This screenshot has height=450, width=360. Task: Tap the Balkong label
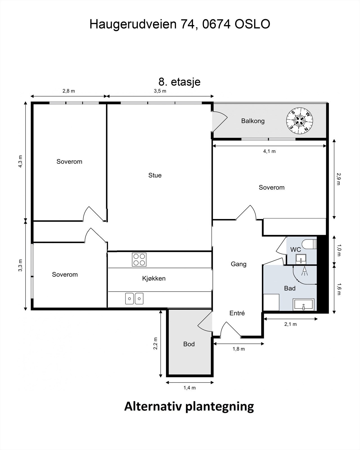[253, 121]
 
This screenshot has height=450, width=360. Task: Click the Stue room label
[155, 175]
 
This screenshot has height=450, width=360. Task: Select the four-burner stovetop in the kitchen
[139, 260]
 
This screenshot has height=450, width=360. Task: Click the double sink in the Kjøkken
[134, 298]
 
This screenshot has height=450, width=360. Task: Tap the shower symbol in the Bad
[304, 271]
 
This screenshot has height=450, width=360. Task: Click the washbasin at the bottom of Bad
[303, 305]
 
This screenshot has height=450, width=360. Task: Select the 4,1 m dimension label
[269, 151]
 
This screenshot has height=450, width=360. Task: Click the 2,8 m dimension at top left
[69, 91]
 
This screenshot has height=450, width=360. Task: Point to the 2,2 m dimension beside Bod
[155, 343]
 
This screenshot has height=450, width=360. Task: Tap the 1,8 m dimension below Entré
[238, 349]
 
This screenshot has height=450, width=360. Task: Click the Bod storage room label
[189, 344]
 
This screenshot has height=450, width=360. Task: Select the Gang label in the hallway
[238, 264]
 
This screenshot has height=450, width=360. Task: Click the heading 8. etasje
[179, 82]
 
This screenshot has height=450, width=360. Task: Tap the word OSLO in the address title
[252, 24]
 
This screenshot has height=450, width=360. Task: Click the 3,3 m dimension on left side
[20, 265]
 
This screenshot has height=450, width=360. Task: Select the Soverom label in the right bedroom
[271, 187]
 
